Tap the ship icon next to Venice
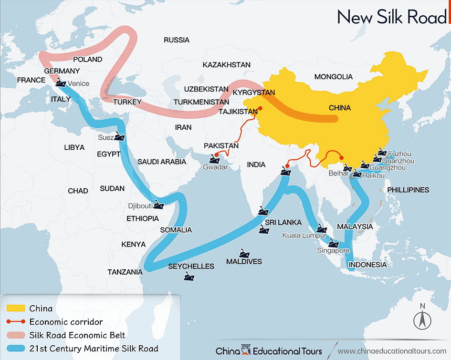(x=61, y=82)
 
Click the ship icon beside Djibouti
(x=158, y=206)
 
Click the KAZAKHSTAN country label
(x=226, y=64)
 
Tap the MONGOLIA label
(x=333, y=76)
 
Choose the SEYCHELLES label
(x=191, y=266)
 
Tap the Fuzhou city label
(x=400, y=154)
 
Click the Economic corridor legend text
(x=66, y=322)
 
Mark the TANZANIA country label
(x=125, y=272)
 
